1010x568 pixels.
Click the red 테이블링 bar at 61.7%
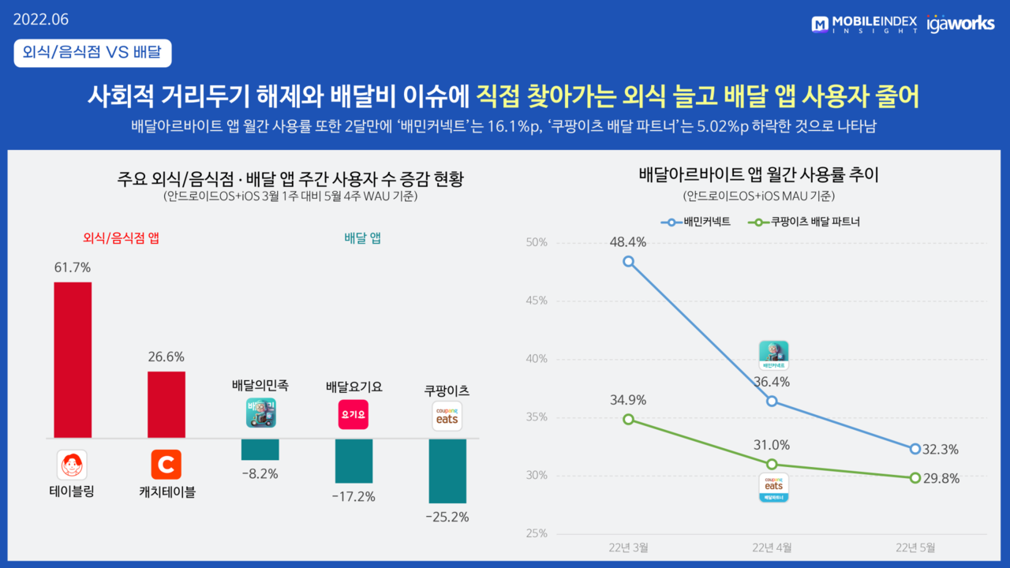[73, 360]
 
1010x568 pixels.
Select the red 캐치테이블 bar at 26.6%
[166, 405]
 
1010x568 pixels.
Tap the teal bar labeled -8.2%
[260, 449]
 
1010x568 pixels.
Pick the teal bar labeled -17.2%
[353, 461]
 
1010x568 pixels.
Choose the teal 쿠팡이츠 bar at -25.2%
[447, 471]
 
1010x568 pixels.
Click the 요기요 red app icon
[353, 414]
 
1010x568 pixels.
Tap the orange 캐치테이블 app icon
[166, 465]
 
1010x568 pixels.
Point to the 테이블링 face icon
[73, 465]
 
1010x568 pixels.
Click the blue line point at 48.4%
[628, 261]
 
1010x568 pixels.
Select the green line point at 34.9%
[628, 419]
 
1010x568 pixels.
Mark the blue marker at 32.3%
[915, 449]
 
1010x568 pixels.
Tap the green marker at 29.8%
[915, 477]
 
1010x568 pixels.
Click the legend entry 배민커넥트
[698, 222]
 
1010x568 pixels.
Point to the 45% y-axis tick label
[537, 301]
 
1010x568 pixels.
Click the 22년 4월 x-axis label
[772, 547]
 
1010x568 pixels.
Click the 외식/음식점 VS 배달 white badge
[92, 53]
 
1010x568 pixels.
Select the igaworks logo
[960, 24]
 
